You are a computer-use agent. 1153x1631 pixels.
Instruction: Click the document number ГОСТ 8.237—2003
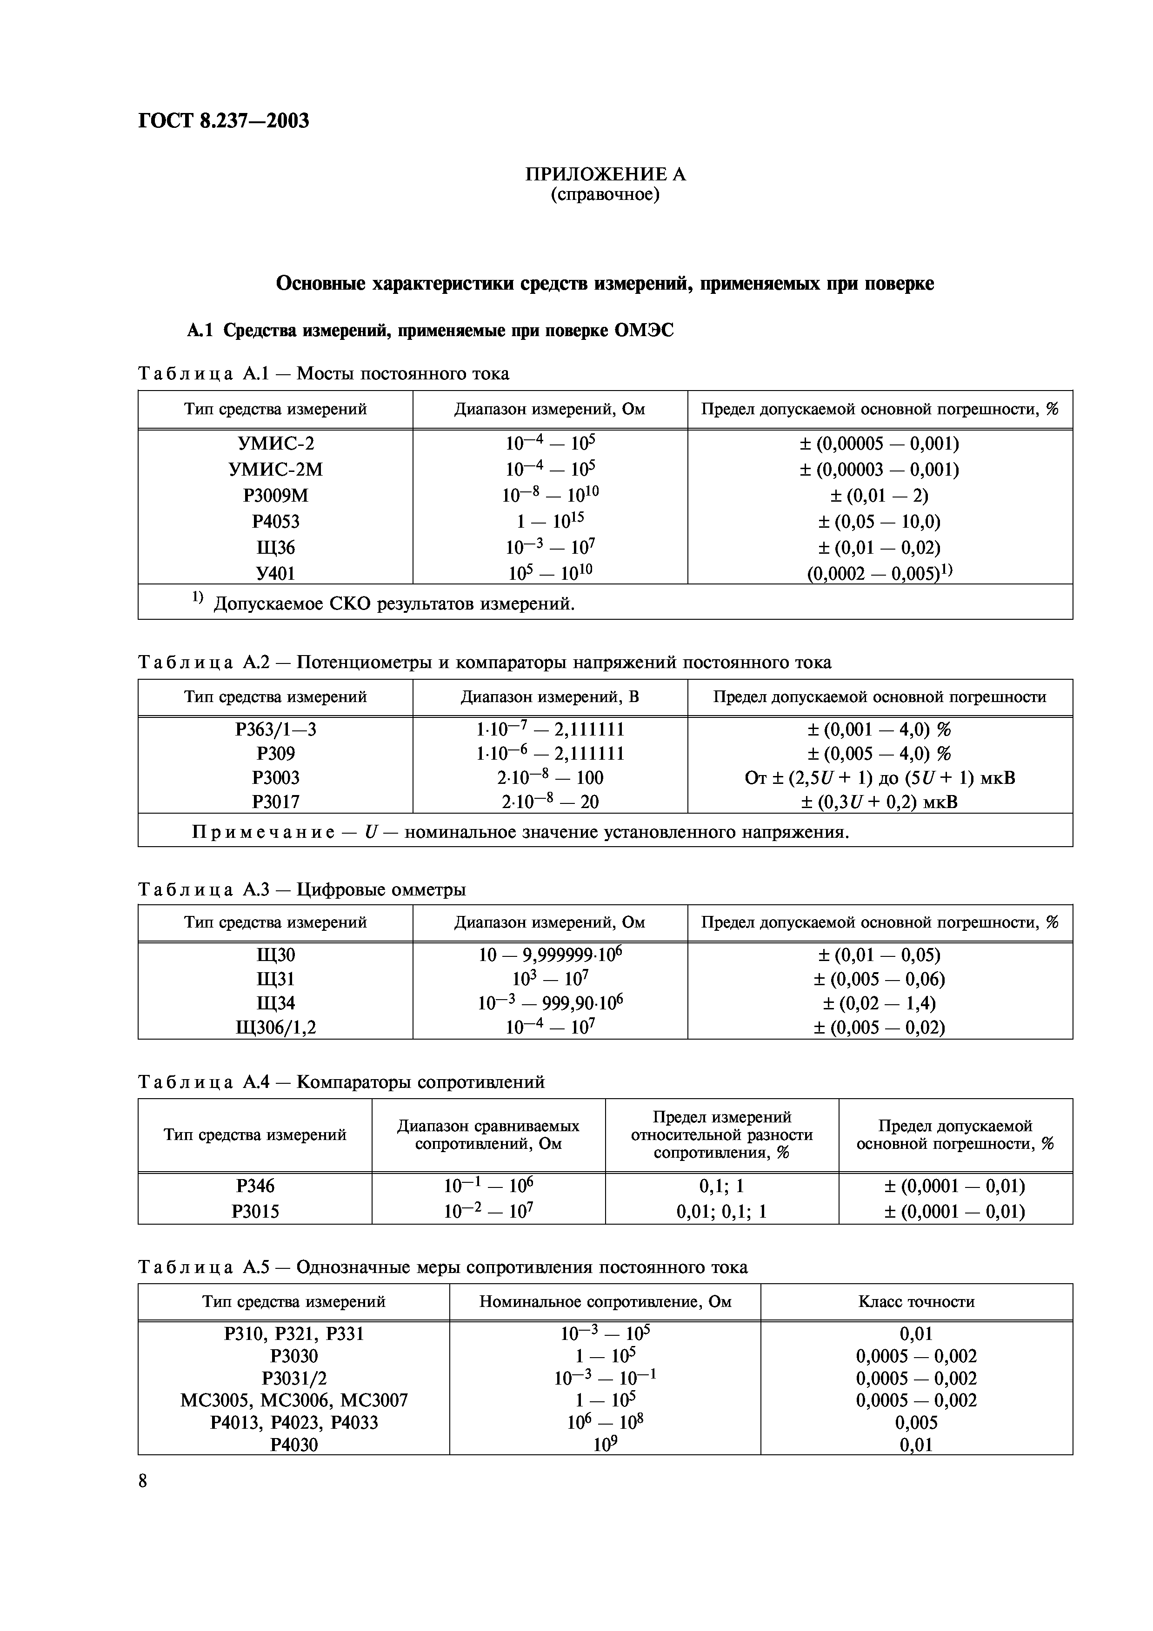click(224, 121)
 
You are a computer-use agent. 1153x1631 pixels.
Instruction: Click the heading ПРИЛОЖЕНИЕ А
click(605, 174)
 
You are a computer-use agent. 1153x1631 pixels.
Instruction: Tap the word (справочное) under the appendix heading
click(605, 194)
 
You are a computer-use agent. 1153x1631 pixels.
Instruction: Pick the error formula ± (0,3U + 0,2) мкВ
click(880, 802)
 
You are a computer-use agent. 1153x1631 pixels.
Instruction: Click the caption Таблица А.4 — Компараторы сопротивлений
click(341, 1082)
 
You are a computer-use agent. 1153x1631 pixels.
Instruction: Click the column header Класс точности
click(916, 1301)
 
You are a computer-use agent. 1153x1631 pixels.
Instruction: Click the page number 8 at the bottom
click(143, 1481)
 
